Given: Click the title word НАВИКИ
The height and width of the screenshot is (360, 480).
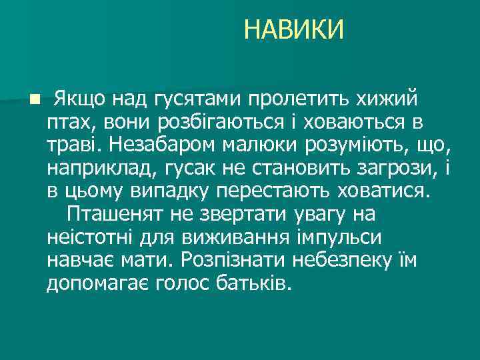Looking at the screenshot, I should point(294,30).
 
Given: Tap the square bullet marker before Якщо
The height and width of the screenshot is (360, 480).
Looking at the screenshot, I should point(34,100).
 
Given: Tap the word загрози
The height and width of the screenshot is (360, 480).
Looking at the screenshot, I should point(389,169).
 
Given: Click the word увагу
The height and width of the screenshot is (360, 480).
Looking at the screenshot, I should point(302,215).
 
